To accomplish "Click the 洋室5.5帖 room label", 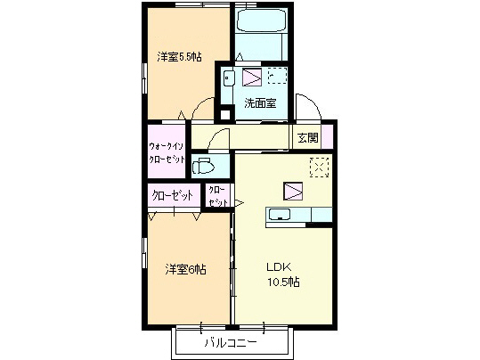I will [x=179, y=58].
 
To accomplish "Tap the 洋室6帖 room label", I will [x=183, y=268].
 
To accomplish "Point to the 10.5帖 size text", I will [x=282, y=282].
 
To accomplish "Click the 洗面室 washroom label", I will [x=260, y=103].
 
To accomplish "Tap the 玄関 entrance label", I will [x=308, y=137].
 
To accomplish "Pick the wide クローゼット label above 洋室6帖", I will [x=173, y=195].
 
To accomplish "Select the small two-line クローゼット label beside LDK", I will [x=217, y=197].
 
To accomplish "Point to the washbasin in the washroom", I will [x=229, y=78].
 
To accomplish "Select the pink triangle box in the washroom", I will [x=253, y=77].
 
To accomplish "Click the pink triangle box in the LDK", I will [x=293, y=190].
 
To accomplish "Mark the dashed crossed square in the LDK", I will [x=319, y=166].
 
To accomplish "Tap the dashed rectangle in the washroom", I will [x=278, y=77].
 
